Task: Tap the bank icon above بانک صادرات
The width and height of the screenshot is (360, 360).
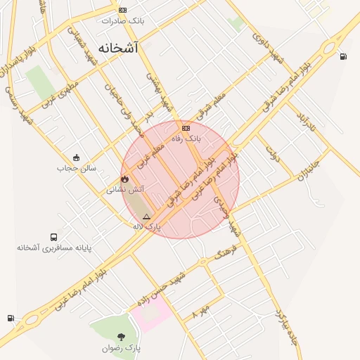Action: click(x=123, y=10)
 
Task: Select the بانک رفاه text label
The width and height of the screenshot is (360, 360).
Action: click(x=187, y=139)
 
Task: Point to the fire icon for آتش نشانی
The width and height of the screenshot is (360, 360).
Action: click(x=125, y=179)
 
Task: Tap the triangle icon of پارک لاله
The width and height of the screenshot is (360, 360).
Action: click(x=146, y=217)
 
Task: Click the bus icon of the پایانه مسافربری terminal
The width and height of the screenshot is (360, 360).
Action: click(x=54, y=237)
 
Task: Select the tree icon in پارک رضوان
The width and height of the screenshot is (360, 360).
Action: click(x=121, y=337)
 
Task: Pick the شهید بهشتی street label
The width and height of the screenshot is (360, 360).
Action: click(x=158, y=92)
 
